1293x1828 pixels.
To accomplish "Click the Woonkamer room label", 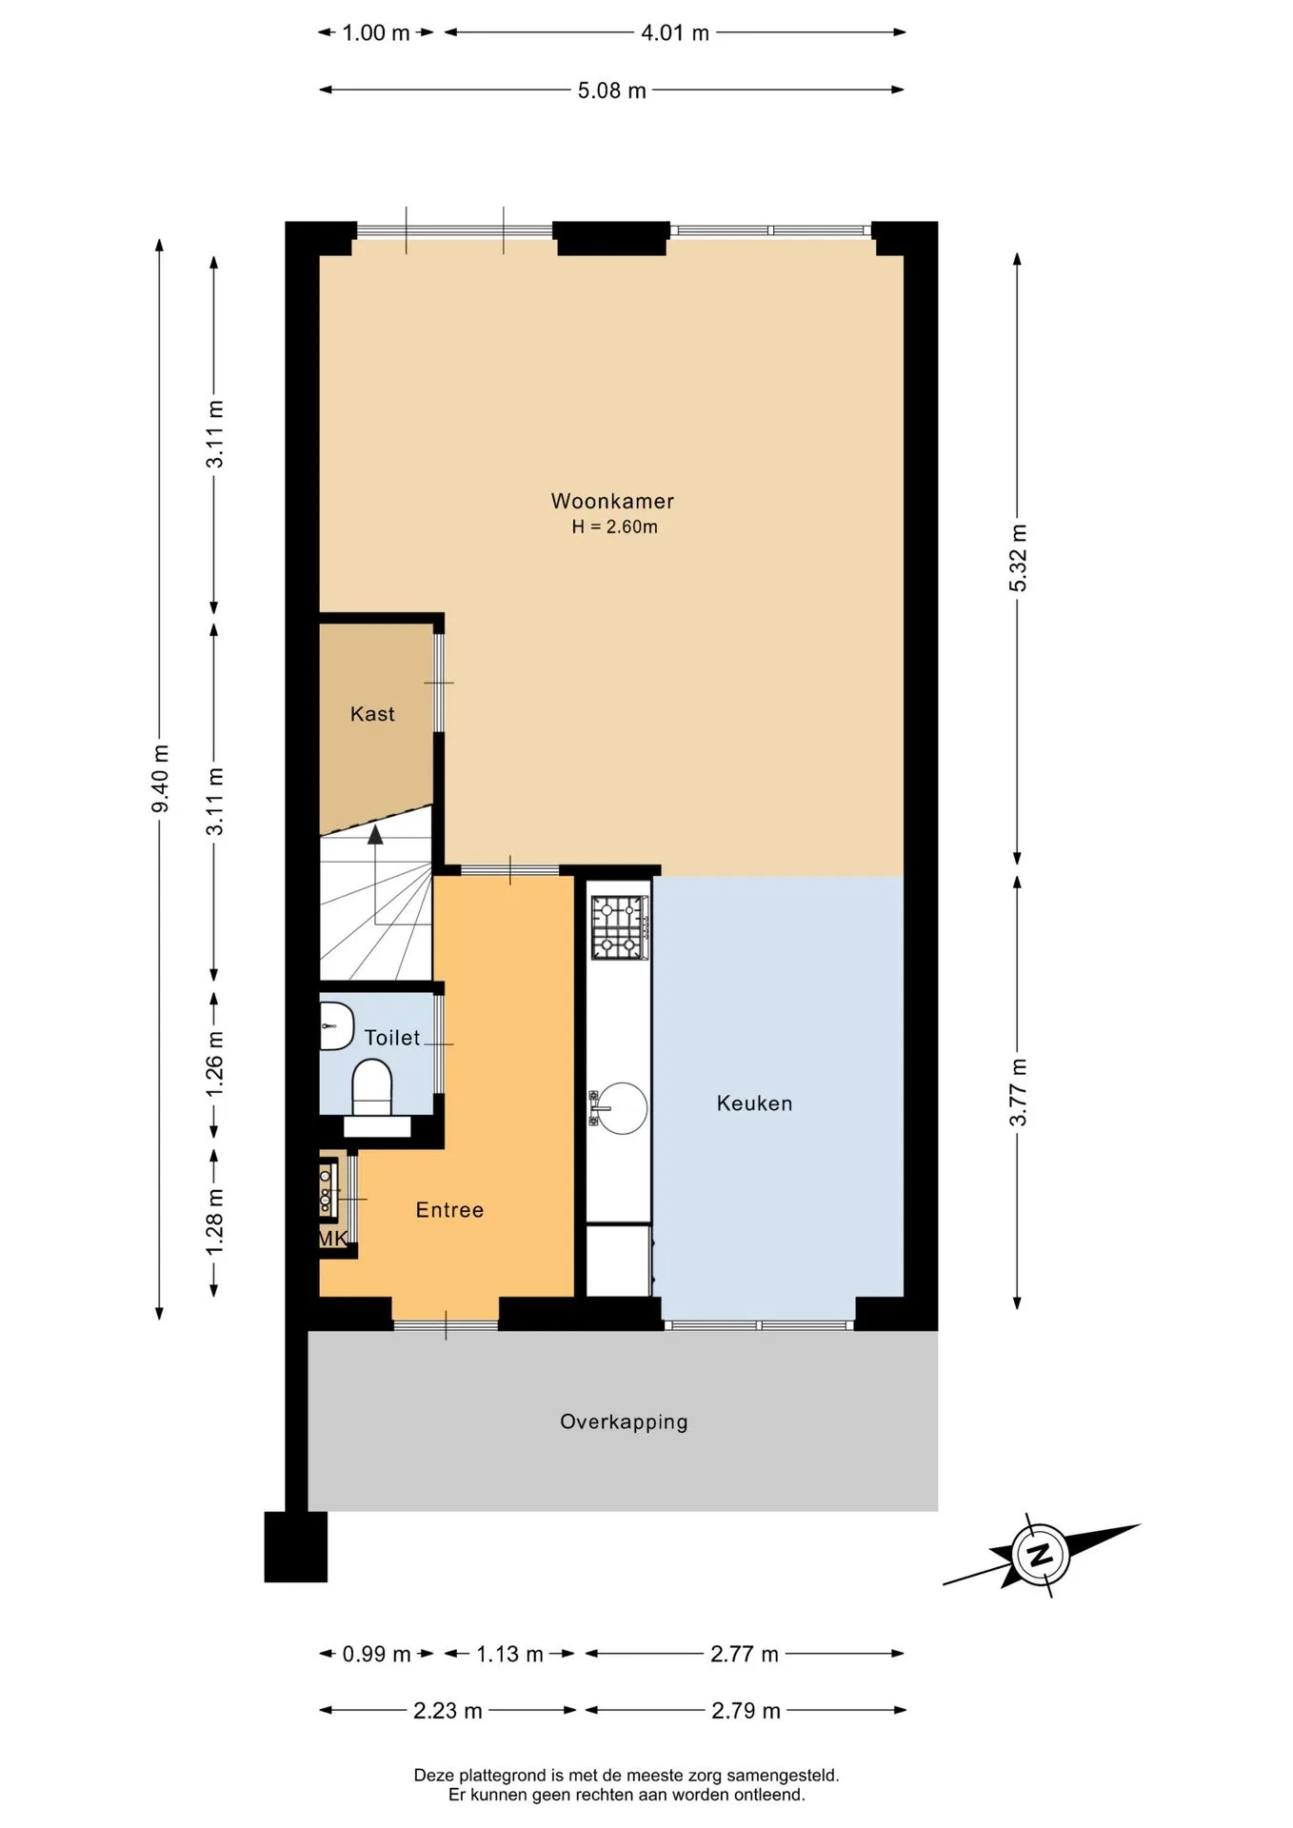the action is point(612,501).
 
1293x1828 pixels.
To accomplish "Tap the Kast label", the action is point(372,714).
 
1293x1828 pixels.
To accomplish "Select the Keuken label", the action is point(754,1103).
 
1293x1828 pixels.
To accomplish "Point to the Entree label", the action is point(449,1210).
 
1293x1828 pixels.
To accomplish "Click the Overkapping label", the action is point(624,1422).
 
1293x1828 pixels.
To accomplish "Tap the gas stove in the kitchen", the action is point(620,927).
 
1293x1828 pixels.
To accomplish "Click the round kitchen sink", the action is point(621,1108).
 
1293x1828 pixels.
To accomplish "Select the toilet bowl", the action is point(372,1087).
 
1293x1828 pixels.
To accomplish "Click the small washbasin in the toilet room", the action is point(335,1025).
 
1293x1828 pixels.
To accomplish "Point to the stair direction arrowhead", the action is point(375,835).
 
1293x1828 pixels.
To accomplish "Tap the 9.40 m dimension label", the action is point(161,780).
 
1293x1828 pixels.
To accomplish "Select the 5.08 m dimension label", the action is point(612,90).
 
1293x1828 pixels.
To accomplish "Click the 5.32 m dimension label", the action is point(1018,558).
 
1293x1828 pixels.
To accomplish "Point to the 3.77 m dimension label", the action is point(1018,1092).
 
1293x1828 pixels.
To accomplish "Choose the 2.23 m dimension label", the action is point(448,1711).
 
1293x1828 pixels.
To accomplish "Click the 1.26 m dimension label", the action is point(215,1063).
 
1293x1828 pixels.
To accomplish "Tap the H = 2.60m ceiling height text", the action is point(614,527).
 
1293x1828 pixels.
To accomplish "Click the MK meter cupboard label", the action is point(332,1238).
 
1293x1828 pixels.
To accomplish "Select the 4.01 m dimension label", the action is point(675,33).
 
